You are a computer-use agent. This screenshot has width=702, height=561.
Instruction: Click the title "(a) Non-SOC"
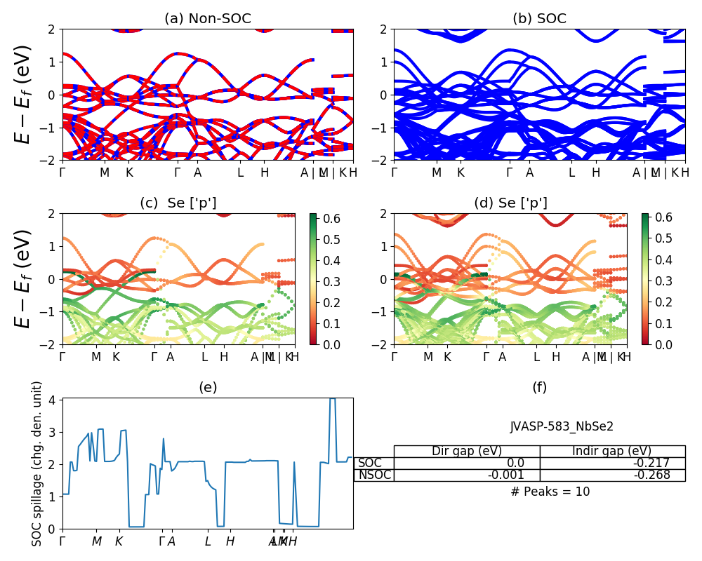tap(207, 19)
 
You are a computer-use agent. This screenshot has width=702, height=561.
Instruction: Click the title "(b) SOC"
tap(539, 19)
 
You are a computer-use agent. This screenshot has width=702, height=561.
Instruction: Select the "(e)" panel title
tap(207, 387)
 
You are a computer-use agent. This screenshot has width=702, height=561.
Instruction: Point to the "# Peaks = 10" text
tap(550, 492)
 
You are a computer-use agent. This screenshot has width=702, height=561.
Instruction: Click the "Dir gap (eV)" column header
tap(466, 451)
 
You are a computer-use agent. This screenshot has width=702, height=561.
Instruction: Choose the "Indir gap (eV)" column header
tap(612, 451)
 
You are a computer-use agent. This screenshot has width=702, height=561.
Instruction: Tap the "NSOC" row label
tap(373, 475)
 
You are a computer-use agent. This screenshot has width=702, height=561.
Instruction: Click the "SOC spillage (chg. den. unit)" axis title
tap(38, 464)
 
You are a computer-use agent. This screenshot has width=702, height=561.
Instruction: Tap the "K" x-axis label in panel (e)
tap(119, 541)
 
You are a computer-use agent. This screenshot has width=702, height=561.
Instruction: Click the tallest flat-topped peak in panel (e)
tap(333, 399)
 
